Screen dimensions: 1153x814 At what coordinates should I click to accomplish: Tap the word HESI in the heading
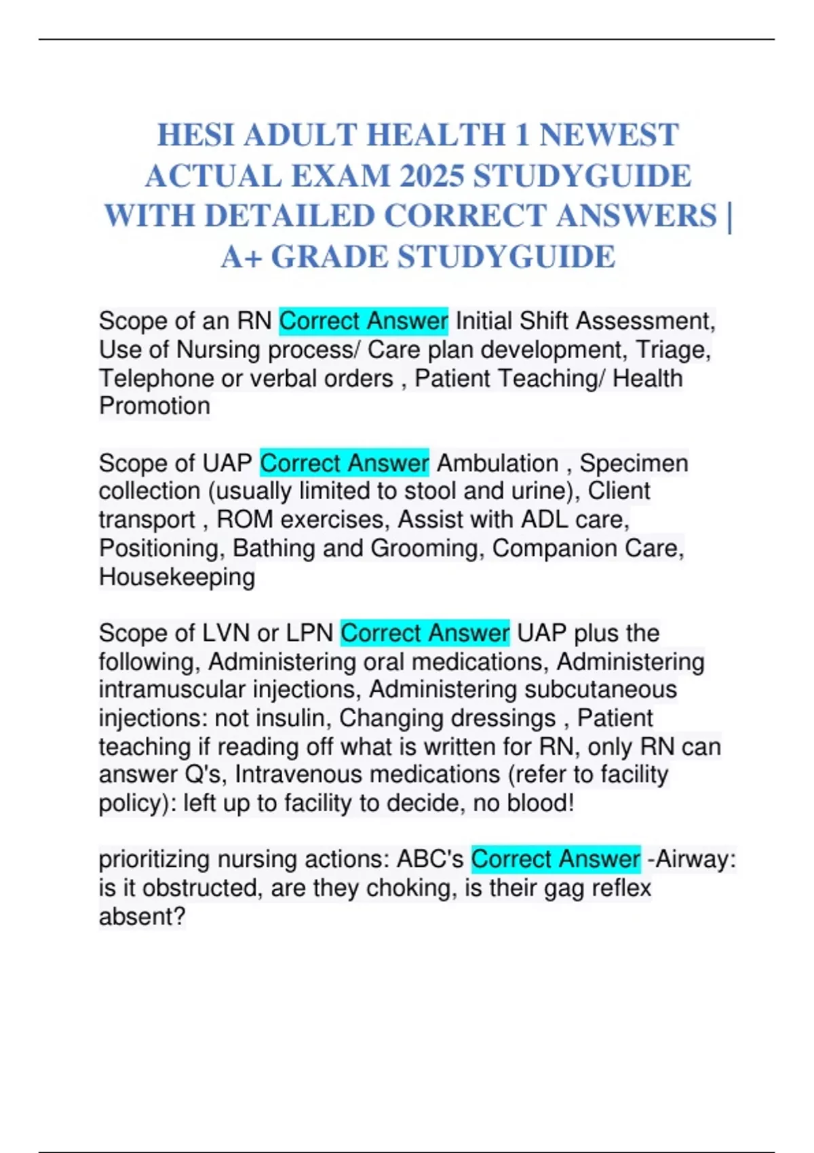coord(196,135)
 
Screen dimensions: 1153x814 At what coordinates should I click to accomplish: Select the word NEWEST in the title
coord(608,135)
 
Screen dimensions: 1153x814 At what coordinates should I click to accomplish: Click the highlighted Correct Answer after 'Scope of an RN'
coord(364,321)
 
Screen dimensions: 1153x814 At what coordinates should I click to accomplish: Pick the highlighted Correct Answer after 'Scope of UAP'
coord(345,463)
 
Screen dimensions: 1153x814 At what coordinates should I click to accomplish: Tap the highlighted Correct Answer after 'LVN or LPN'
coord(425,633)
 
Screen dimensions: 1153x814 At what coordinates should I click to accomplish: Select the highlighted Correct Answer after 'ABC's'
coord(556,859)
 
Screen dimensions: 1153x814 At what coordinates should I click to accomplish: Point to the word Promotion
coord(155,406)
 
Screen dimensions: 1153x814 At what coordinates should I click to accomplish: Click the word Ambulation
coord(497,463)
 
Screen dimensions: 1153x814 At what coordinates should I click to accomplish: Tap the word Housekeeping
coord(177,577)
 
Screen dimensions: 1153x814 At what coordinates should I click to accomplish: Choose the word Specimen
coord(634,463)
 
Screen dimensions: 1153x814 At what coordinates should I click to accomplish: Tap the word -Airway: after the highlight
coord(692,859)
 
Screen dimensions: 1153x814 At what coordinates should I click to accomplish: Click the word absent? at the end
coord(142,917)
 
